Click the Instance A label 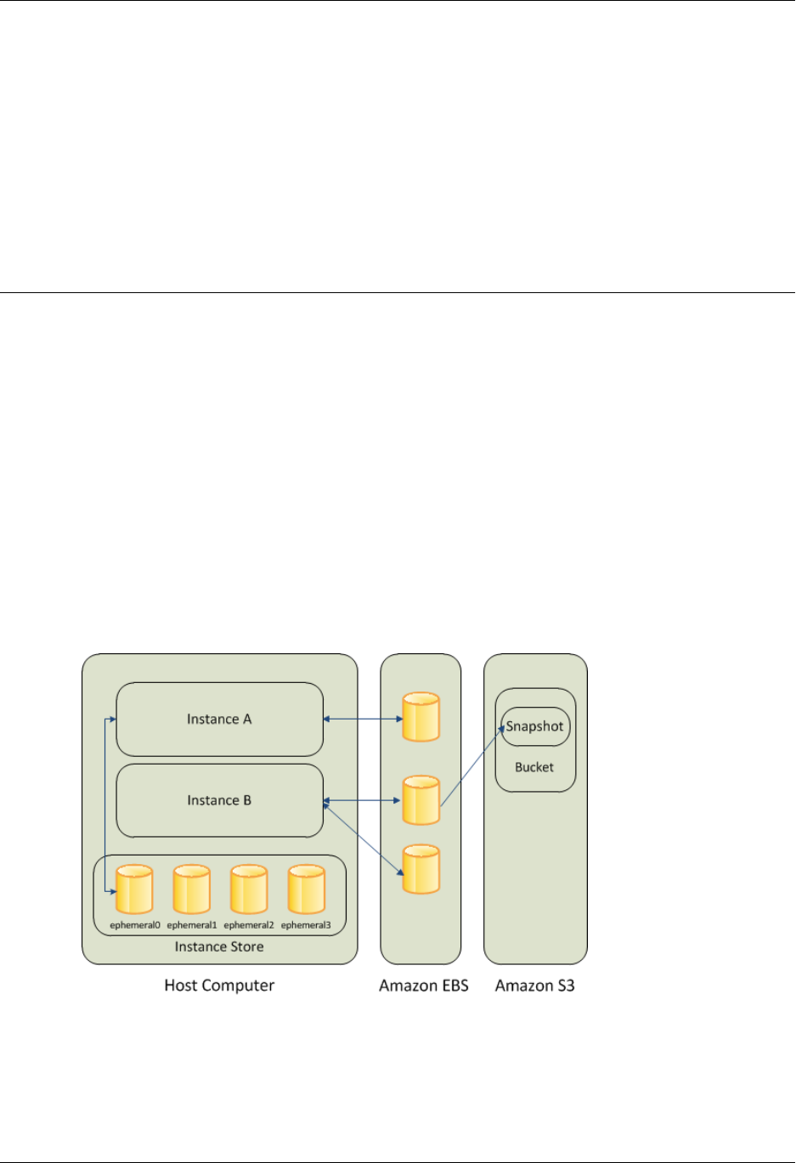(219, 720)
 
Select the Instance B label (219, 800)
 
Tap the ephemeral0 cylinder (134, 889)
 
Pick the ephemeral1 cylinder (191, 889)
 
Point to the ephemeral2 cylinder (249, 889)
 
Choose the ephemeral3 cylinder (306, 889)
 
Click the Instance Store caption (219, 947)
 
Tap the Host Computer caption (219, 985)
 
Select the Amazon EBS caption (423, 986)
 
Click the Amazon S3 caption (535, 986)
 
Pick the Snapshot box (535, 727)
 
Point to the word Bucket (534, 767)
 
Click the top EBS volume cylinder (421, 718)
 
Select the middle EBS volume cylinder (421, 799)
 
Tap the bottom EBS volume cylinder (421, 869)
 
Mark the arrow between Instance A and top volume (363, 720)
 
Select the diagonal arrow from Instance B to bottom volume (363, 837)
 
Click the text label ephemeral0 (134, 925)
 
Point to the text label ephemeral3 (306, 925)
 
